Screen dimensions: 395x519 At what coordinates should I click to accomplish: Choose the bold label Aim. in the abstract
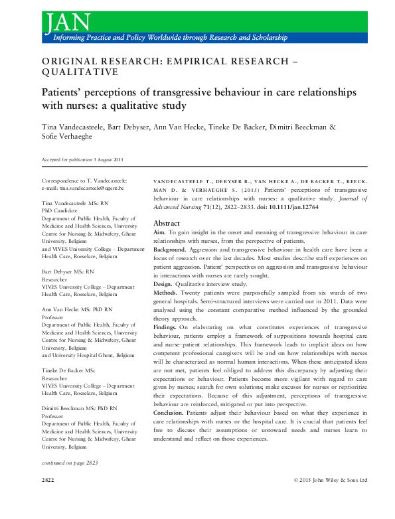[x=160, y=234]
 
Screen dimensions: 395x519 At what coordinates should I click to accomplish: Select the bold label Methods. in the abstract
[x=169, y=293]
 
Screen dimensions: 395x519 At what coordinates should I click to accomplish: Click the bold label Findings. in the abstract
[x=170, y=328]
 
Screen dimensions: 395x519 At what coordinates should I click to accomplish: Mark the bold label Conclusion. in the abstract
[x=173, y=412]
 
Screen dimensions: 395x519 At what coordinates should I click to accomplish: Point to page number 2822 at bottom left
[x=48, y=479]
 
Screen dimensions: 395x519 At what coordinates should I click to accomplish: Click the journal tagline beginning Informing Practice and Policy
[x=165, y=39]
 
